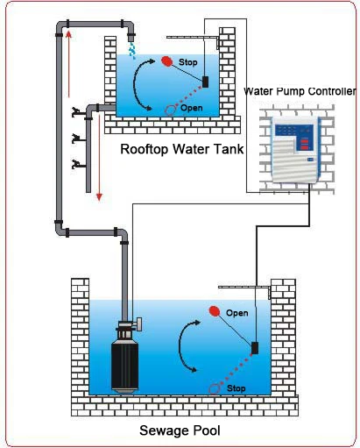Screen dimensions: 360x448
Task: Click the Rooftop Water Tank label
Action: tap(182, 149)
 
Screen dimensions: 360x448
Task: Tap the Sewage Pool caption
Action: tap(180, 430)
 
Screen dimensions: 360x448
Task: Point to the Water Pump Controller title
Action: tap(300, 91)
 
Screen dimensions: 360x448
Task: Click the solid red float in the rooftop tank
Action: tap(167, 61)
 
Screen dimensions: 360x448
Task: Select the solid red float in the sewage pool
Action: tap(215, 311)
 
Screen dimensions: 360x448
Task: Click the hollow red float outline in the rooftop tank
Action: tap(171, 110)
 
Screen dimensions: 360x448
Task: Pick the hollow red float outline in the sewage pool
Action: tap(215, 389)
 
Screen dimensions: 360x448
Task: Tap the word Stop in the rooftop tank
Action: tap(187, 62)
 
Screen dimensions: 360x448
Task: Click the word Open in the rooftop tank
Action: tap(192, 108)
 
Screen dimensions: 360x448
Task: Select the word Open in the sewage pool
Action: tap(237, 313)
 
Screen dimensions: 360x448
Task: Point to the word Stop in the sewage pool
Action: tap(236, 388)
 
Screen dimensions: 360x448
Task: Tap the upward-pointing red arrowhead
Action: tap(68, 34)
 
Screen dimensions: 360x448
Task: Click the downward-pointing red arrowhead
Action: tap(99, 196)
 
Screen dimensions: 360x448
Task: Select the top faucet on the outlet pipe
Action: tap(76, 112)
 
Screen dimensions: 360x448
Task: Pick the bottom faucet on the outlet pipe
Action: tap(76, 165)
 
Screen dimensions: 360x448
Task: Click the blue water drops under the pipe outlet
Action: tap(132, 50)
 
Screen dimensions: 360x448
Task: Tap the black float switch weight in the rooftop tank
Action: tap(205, 82)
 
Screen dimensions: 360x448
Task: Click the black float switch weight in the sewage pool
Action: tap(255, 348)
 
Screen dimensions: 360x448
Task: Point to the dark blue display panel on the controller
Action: tap(294, 131)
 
